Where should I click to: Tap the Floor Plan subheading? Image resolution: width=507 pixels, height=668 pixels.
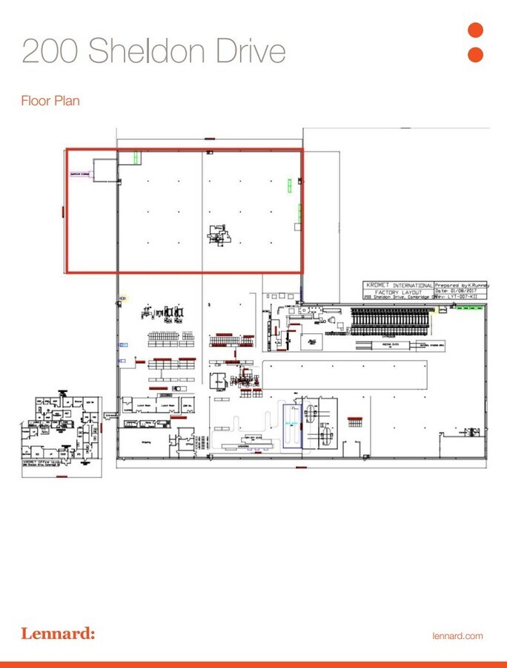click(50, 101)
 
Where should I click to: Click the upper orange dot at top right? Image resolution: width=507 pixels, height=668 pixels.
click(476, 30)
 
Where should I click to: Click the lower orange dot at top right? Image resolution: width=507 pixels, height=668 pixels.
click(476, 55)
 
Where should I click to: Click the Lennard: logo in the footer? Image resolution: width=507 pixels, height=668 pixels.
click(58, 635)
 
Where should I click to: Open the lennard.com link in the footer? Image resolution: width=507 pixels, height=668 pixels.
click(457, 636)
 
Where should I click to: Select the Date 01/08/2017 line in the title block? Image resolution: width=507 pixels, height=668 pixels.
click(456, 291)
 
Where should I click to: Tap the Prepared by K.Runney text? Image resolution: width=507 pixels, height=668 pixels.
click(456, 284)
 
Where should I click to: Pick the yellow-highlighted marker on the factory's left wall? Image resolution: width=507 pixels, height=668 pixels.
click(122, 298)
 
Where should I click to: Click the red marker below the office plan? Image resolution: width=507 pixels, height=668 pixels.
click(62, 476)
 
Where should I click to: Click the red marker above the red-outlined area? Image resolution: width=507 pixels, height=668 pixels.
click(210, 139)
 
